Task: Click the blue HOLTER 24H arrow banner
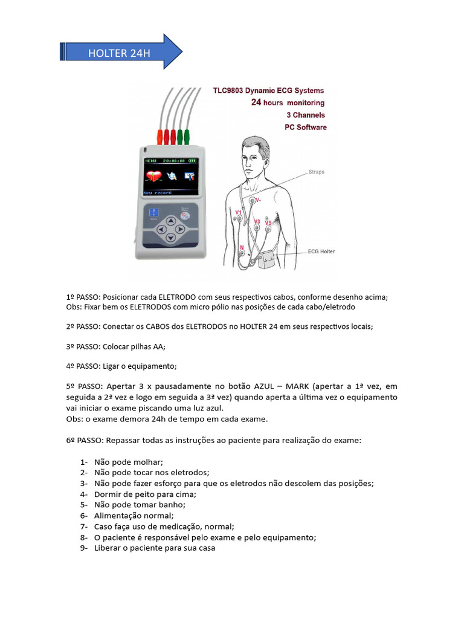(x=121, y=53)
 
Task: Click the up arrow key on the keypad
(x=170, y=221)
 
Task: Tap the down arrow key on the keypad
(x=170, y=239)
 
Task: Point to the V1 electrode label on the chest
(x=239, y=213)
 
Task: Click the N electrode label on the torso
(x=242, y=247)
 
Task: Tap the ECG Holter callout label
(x=321, y=251)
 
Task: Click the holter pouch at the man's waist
(x=267, y=262)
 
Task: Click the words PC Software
(x=305, y=127)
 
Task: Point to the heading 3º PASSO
(x=83, y=346)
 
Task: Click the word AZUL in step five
(x=266, y=386)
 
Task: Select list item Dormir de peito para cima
(x=137, y=494)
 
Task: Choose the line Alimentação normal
(x=134, y=516)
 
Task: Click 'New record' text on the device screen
(x=159, y=192)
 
